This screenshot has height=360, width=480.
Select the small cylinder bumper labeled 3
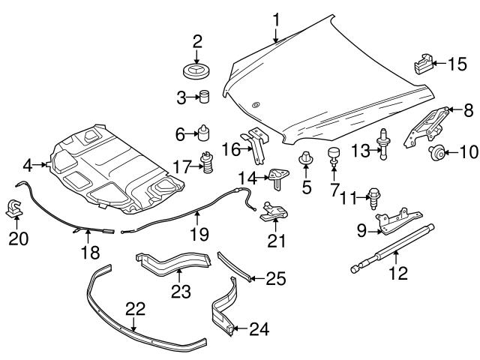coord(202,97)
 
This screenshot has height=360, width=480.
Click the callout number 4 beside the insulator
coord(28,164)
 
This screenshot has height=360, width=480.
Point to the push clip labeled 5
coord(306,159)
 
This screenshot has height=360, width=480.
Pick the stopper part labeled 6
coord(202,133)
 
